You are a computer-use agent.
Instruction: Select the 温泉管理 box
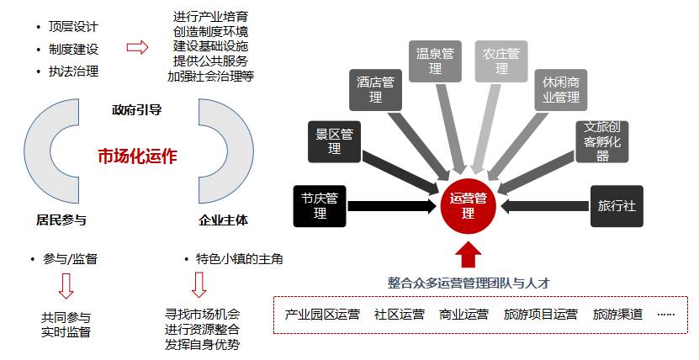click(x=435, y=61)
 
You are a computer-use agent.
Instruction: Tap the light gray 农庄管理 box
click(x=501, y=61)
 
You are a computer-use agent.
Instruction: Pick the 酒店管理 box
click(x=375, y=90)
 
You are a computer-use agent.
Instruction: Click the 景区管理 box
click(x=334, y=140)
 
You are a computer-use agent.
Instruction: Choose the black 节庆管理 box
click(x=320, y=206)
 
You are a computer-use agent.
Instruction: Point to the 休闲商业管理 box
click(x=560, y=90)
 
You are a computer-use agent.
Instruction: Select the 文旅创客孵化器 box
click(x=602, y=140)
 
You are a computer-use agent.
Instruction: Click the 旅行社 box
click(x=616, y=206)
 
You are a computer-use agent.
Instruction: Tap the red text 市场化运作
click(x=138, y=156)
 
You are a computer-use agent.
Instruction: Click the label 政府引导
click(x=136, y=110)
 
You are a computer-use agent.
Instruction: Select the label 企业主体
click(x=223, y=220)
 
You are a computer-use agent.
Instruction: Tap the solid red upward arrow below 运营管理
click(x=468, y=253)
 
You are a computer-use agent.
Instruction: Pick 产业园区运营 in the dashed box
click(x=322, y=315)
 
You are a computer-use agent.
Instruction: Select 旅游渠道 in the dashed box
click(x=617, y=315)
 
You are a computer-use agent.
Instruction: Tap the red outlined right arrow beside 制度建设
click(x=137, y=47)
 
